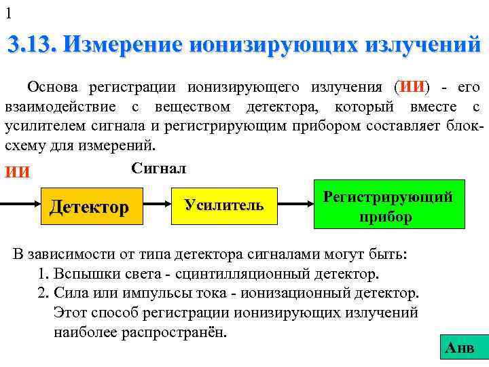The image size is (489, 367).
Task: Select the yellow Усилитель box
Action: point(224,205)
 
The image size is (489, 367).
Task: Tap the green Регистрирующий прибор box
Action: point(388,205)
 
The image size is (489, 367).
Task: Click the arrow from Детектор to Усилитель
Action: point(157,205)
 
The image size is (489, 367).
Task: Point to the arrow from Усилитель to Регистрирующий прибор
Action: point(296,205)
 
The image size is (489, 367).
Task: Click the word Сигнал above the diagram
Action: point(158,167)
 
